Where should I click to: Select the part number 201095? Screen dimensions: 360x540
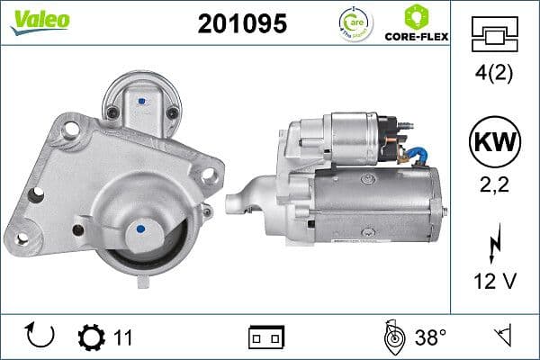(x=241, y=24)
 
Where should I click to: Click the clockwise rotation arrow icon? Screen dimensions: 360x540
(x=41, y=337)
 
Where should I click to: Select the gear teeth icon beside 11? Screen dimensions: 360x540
(x=91, y=337)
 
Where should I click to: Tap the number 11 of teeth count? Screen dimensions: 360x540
(x=123, y=337)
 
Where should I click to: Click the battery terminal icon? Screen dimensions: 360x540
(x=266, y=337)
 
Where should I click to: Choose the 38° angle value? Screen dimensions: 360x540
(x=431, y=337)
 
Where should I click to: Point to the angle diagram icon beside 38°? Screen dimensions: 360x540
(x=391, y=337)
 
